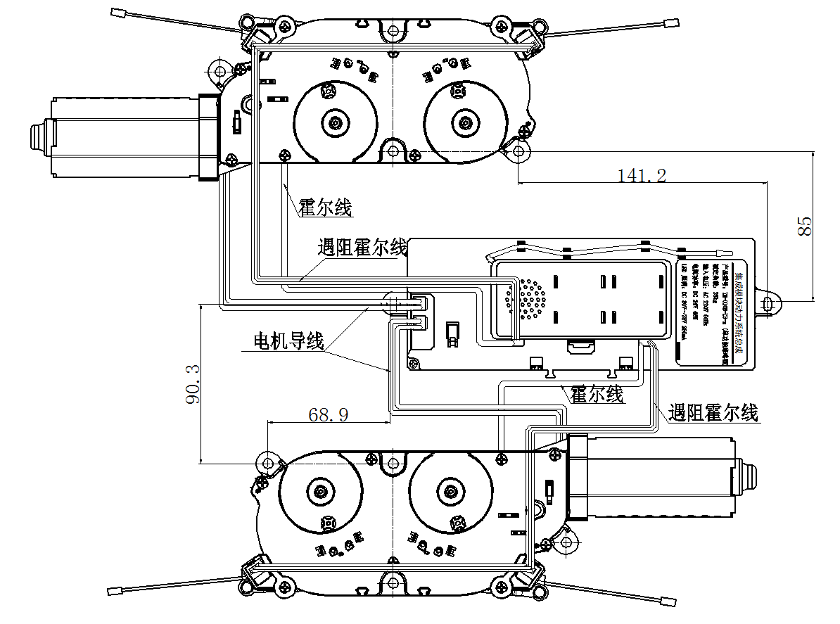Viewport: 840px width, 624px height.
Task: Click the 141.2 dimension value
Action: coord(642,175)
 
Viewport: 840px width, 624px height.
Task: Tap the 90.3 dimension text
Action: coord(192,384)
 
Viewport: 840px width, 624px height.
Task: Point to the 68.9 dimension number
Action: coord(329,414)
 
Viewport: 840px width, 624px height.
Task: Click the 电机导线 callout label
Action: coord(288,341)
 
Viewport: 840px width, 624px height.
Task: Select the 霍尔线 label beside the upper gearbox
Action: coord(325,208)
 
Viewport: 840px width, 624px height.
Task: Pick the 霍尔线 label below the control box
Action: coord(597,394)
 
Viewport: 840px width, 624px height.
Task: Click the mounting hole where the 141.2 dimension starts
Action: coord(518,150)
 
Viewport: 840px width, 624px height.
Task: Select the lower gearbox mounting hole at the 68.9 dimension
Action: coord(267,464)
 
